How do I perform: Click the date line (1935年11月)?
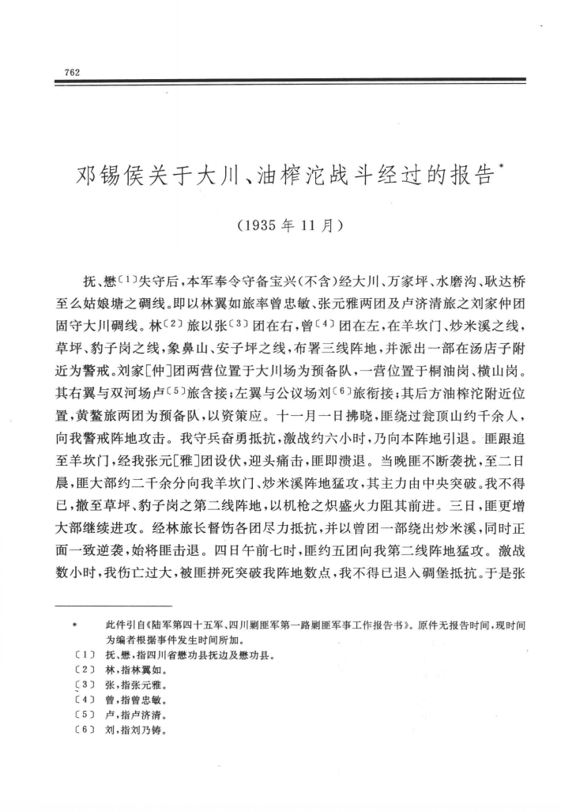(x=289, y=224)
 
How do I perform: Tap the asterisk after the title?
(x=503, y=164)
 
